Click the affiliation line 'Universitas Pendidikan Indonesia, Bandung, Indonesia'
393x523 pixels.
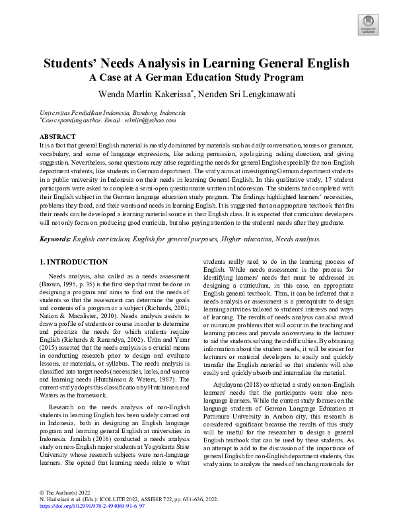112,113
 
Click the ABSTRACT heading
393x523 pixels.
57,136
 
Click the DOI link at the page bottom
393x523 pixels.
92,504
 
